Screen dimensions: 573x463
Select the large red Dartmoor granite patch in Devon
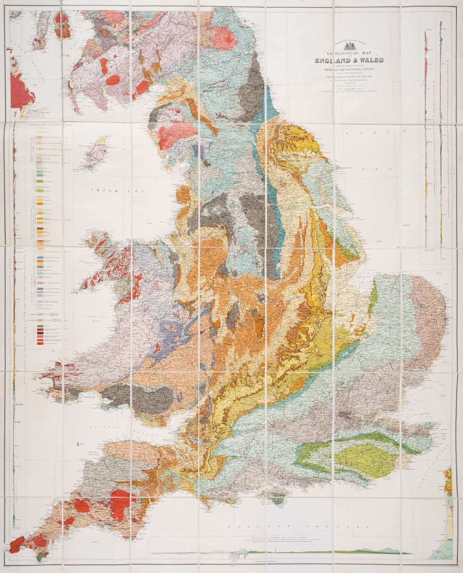point(119,504)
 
